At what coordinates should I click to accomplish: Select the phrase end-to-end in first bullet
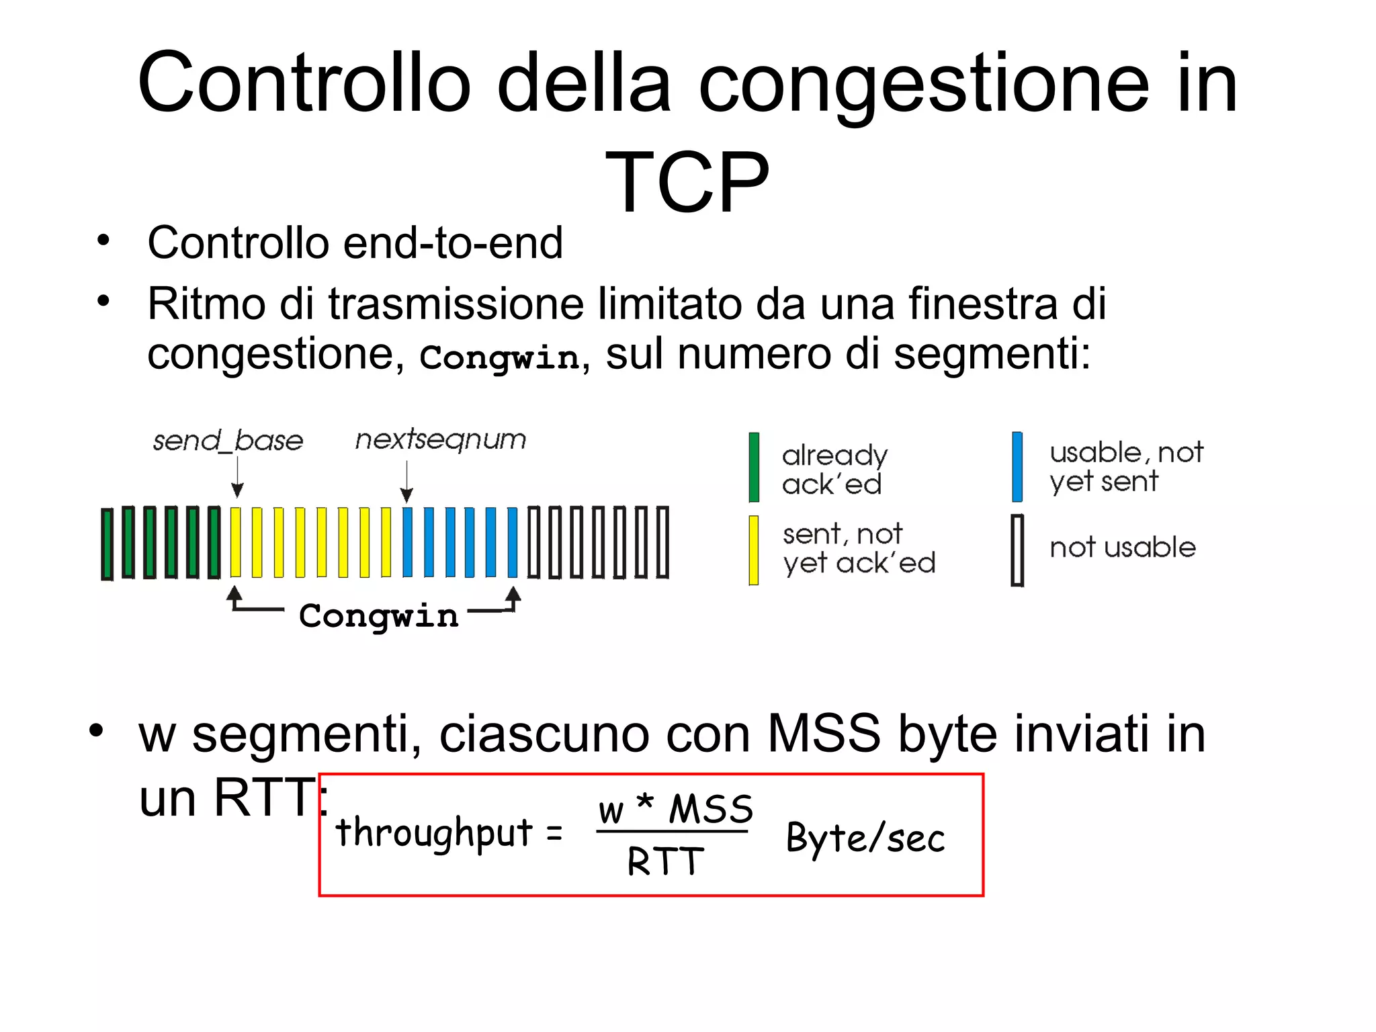[x=452, y=243]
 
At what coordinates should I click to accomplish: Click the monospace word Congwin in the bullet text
[x=499, y=357]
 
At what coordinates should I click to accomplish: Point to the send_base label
[x=228, y=441]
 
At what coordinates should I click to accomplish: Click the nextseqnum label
[x=440, y=439]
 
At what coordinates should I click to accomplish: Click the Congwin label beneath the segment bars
[x=378, y=615]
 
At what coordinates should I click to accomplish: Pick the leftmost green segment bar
[x=107, y=544]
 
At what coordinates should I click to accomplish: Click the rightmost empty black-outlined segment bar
[x=662, y=542]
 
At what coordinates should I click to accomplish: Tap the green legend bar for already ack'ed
[x=754, y=467]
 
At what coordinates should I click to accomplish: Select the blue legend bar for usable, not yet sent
[x=1017, y=467]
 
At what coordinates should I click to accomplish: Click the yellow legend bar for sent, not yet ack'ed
[x=754, y=550]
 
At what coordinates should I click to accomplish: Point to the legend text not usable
[x=1122, y=548]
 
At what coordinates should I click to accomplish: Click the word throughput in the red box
[x=434, y=833]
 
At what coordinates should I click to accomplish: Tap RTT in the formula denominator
[x=665, y=862]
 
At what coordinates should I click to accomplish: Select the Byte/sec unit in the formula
[x=865, y=838]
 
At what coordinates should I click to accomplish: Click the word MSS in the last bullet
[x=823, y=734]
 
